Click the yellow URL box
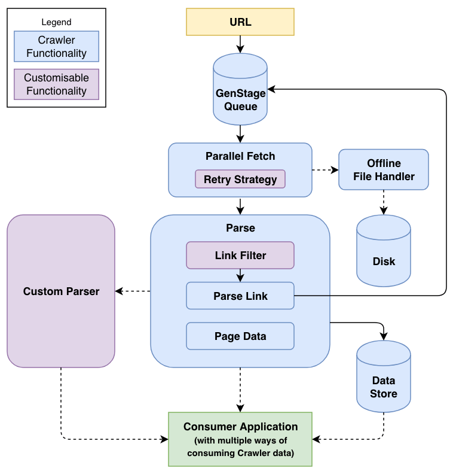point(240,22)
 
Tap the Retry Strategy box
point(240,179)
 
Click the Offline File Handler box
point(383,169)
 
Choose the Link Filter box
point(240,255)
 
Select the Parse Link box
point(240,296)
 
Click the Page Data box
point(240,336)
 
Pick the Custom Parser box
point(60,291)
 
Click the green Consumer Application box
point(240,439)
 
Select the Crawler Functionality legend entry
point(56,47)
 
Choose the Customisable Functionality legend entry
point(56,84)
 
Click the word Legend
point(56,22)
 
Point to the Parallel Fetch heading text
point(240,156)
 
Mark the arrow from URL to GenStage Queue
point(240,44)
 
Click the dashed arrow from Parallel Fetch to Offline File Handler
point(325,170)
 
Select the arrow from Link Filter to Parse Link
point(240,275)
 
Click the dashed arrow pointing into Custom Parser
point(133,291)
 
